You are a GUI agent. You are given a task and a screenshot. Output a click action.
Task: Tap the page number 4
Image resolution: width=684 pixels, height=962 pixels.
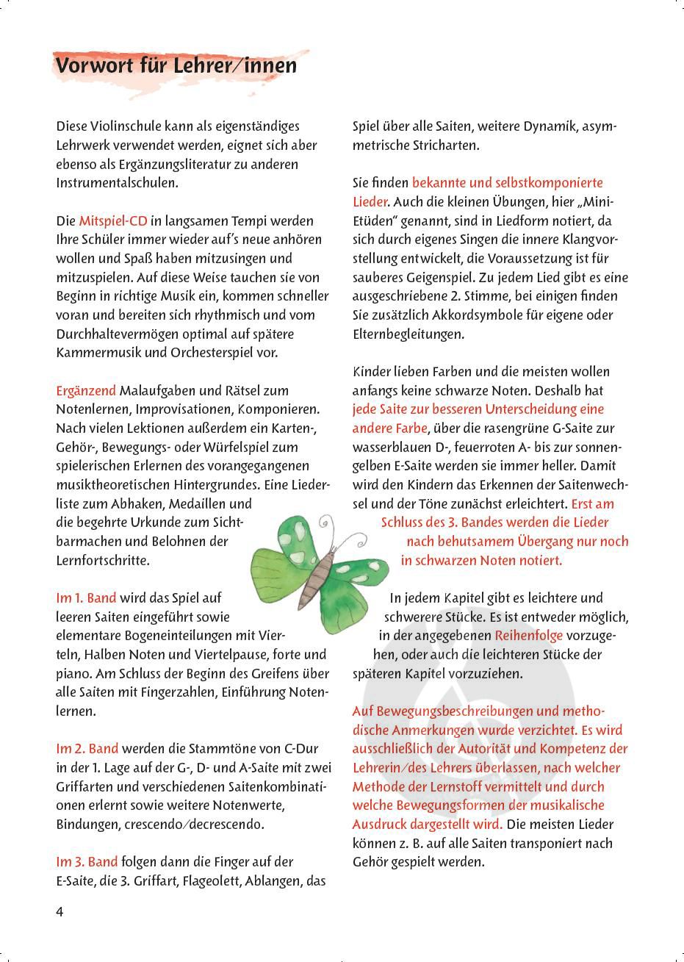[60, 912]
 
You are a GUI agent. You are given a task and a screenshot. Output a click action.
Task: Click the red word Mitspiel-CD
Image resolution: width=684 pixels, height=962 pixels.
[113, 220]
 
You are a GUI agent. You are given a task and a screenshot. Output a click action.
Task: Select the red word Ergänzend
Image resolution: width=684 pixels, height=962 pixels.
[86, 390]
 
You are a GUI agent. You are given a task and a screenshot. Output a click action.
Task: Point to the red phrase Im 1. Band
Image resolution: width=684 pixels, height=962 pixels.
[86, 598]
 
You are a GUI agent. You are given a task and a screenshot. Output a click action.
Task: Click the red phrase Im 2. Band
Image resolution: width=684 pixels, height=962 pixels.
[87, 749]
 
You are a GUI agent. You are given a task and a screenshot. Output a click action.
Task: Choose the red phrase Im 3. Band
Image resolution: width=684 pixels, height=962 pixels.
[87, 861]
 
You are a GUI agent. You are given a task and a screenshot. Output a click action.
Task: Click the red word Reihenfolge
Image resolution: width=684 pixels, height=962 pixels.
[528, 635]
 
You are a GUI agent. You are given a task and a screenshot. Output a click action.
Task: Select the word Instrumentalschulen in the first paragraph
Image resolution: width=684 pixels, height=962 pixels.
[116, 183]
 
